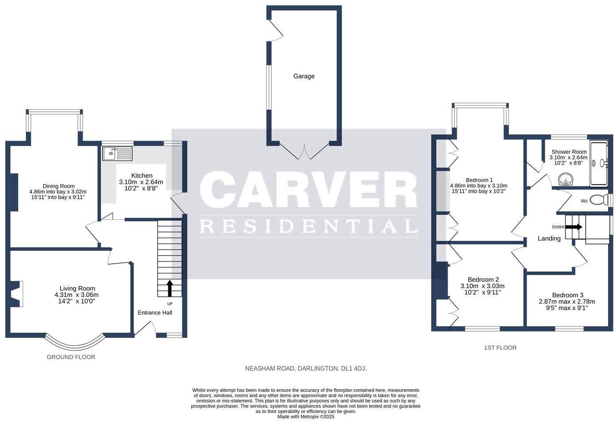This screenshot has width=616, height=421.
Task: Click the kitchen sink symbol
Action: [x=117, y=154]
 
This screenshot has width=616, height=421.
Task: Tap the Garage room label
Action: [x=304, y=76]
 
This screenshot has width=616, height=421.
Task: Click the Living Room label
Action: [x=77, y=288]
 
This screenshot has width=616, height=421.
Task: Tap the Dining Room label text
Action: [x=58, y=186]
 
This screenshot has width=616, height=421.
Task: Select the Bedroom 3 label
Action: [x=567, y=295]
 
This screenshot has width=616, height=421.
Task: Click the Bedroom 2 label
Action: [x=483, y=280]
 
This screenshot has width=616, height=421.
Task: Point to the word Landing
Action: [x=549, y=239]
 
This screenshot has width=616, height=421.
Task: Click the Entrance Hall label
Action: [x=155, y=313]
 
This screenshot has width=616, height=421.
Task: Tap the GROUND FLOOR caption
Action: [x=71, y=357]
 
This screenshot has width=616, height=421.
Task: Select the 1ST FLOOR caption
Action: [x=500, y=348]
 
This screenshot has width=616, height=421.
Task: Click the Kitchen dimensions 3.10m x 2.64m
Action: [x=141, y=182]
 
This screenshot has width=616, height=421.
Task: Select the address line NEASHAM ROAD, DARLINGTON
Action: [x=306, y=368]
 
